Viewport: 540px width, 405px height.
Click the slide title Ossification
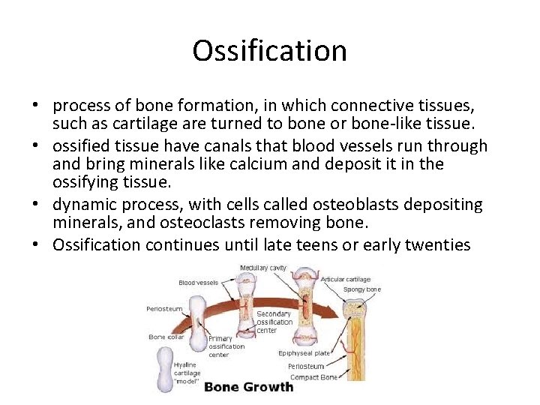[269, 51]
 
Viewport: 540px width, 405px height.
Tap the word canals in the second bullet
[211, 146]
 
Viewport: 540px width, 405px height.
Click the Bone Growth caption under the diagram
[249, 387]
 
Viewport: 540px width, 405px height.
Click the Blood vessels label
[199, 283]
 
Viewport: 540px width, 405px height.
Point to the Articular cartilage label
[346, 280]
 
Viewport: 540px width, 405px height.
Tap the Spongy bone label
[361, 289]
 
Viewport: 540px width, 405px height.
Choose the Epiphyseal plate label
[303, 352]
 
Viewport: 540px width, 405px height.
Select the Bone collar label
[167, 337]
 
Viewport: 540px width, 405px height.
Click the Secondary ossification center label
[274, 322]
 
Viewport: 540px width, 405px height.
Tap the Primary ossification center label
[226, 346]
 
